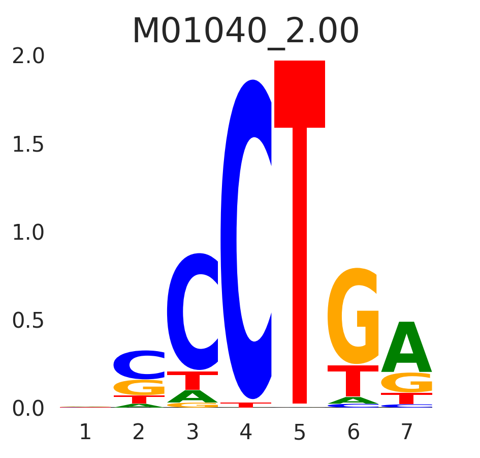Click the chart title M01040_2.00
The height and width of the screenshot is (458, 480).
pos(245,32)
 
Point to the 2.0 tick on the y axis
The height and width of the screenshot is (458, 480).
pos(28,56)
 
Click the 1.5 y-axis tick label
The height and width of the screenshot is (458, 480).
pos(28,145)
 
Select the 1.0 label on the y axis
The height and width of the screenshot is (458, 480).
pos(28,233)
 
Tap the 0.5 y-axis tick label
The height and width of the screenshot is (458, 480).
pos(28,321)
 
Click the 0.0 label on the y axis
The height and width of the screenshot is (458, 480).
pos(28,409)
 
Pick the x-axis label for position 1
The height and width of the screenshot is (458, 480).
pos(85,433)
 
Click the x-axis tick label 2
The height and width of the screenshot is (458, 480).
pos(139,433)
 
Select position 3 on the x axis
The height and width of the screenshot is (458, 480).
pos(193,433)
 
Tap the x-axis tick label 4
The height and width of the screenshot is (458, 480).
pos(246,433)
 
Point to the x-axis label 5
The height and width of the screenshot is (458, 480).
pos(300,433)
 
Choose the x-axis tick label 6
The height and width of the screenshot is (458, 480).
pos(353,433)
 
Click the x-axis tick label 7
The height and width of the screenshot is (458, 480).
pos(407,433)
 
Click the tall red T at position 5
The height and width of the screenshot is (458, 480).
pos(300,204)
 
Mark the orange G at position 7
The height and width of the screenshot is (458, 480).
pos(407,383)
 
